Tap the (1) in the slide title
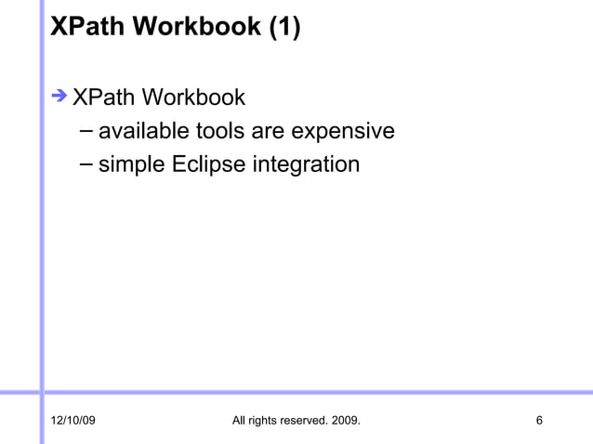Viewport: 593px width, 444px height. (x=284, y=27)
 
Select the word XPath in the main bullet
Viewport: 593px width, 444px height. (x=101, y=97)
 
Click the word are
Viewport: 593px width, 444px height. (x=269, y=131)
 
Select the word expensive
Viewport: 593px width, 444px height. (x=343, y=131)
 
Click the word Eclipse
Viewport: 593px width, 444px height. (x=208, y=165)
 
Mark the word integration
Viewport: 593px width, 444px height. (x=304, y=165)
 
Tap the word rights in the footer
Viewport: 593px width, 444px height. (x=265, y=423)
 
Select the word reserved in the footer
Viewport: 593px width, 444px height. (x=309, y=423)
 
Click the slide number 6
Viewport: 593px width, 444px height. (x=540, y=423)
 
